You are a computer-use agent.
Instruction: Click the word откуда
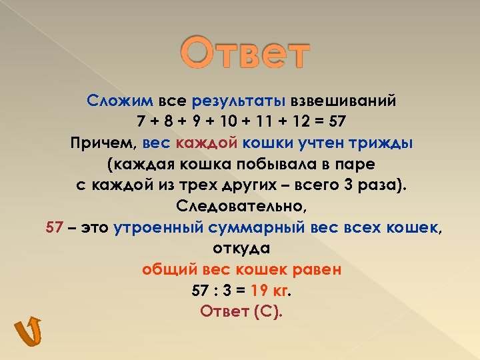tap(241, 248)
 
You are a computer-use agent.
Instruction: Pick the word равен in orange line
tap(317, 269)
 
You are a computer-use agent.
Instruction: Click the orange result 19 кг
tap(273, 291)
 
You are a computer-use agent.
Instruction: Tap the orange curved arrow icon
tap(28, 331)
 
